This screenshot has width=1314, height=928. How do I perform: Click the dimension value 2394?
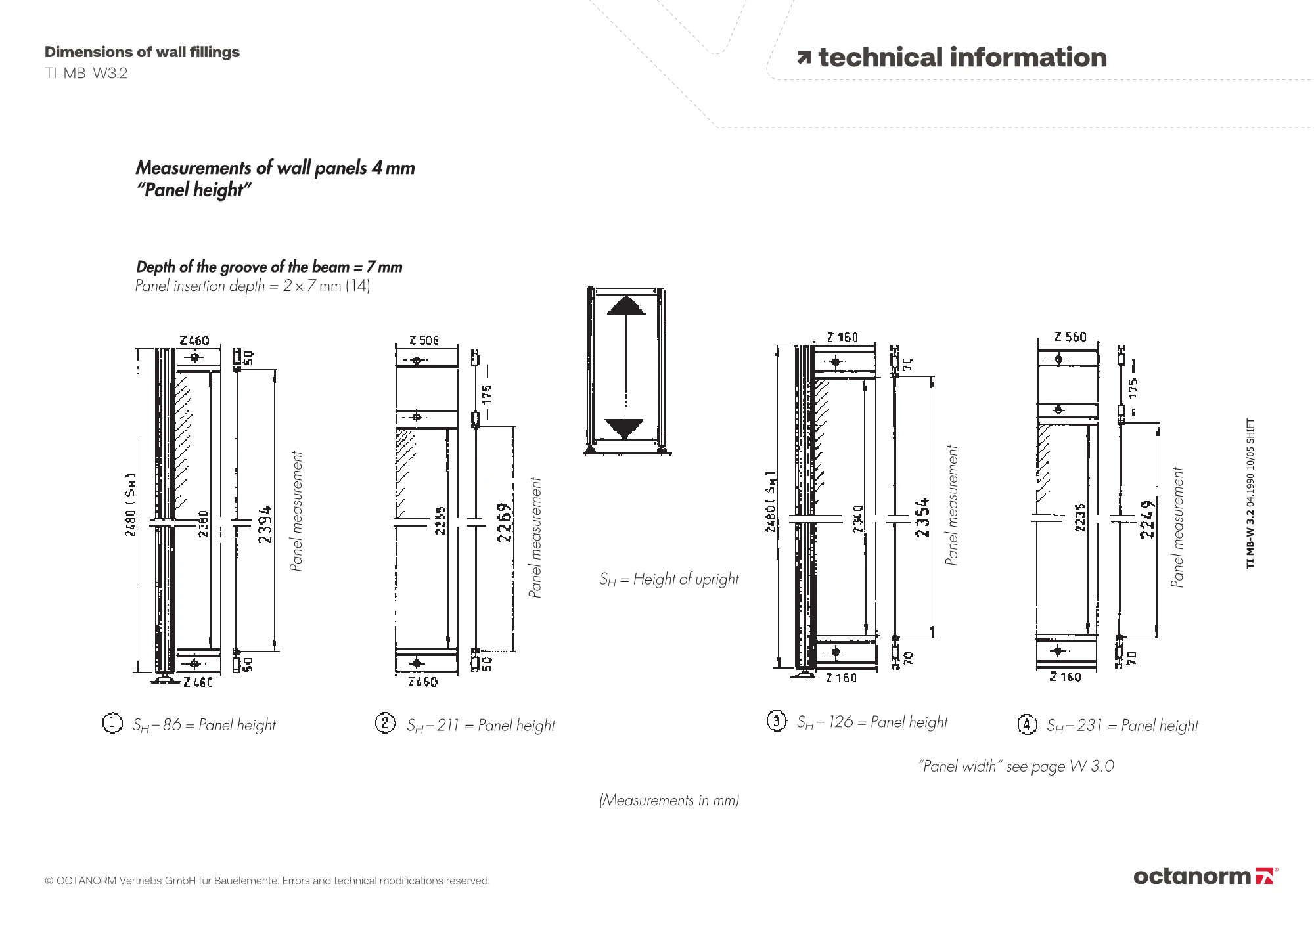pos(265,523)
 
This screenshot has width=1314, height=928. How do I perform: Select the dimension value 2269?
pos(505,522)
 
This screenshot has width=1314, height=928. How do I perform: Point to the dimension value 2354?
pos(922,518)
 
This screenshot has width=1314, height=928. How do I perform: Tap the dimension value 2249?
pos(1147,519)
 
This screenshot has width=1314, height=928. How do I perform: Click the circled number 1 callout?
pos(112,723)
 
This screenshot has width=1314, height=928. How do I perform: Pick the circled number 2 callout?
pos(385,723)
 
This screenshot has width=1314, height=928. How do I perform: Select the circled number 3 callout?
pos(776,721)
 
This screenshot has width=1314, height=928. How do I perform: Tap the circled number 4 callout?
pos(1027,724)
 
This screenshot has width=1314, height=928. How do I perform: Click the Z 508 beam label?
pos(424,340)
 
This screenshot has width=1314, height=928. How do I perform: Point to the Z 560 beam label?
pos(1070,337)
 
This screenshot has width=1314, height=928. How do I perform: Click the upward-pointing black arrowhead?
pos(626,306)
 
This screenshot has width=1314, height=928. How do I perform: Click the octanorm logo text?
pos(1192,876)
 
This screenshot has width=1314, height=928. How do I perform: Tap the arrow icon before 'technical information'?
pos(804,58)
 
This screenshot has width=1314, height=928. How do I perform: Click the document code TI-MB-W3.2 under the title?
pos(86,74)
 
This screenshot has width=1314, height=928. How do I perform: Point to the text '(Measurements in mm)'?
pos(669,800)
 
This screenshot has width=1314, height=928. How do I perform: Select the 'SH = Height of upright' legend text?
pos(669,579)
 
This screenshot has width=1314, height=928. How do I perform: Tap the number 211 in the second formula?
pos(447,725)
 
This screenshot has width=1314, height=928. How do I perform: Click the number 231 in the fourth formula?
pos(1089,725)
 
